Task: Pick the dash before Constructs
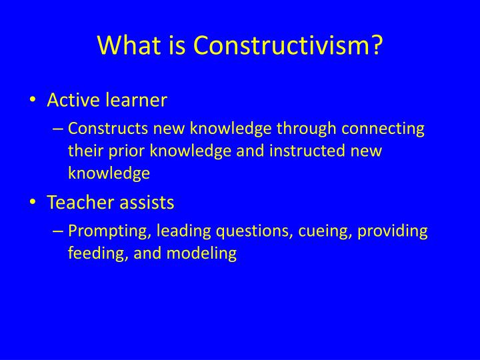pyautogui.click(x=59, y=129)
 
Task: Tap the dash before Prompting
pyautogui.click(x=59, y=231)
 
